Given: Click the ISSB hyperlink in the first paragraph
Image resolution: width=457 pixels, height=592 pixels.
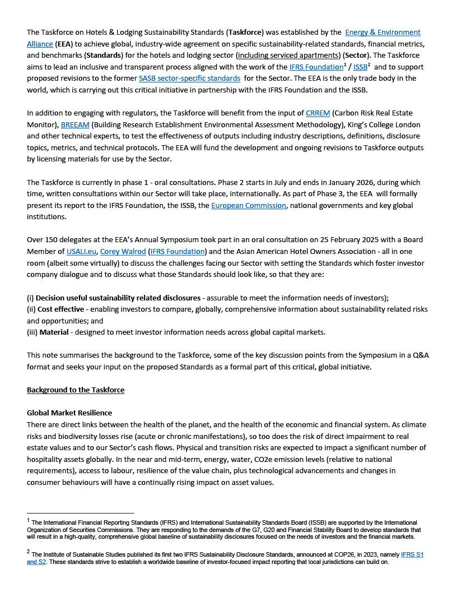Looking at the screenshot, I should pyautogui.click(x=360, y=67).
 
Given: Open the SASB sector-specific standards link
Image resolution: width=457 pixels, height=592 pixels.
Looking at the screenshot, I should pyautogui.click(x=189, y=78).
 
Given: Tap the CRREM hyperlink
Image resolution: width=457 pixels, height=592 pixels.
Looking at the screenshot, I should pyautogui.click(x=318, y=113).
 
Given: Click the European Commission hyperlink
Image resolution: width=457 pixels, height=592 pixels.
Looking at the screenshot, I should pyautogui.click(x=248, y=205).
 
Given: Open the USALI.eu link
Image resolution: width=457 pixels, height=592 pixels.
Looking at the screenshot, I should pyautogui.click(x=77, y=251).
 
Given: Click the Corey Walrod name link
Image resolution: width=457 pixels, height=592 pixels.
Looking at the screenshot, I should pyautogui.click(x=123, y=251).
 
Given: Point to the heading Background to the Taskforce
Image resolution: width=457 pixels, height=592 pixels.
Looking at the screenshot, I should pyautogui.click(x=76, y=390).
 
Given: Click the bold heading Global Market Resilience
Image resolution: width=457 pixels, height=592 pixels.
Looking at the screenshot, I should pyautogui.click(x=69, y=413).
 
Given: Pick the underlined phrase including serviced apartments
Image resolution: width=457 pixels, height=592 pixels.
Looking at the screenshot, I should pyautogui.click(x=283, y=55).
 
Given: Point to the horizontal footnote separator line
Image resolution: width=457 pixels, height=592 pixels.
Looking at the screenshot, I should pyautogui.click(x=81, y=513).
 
